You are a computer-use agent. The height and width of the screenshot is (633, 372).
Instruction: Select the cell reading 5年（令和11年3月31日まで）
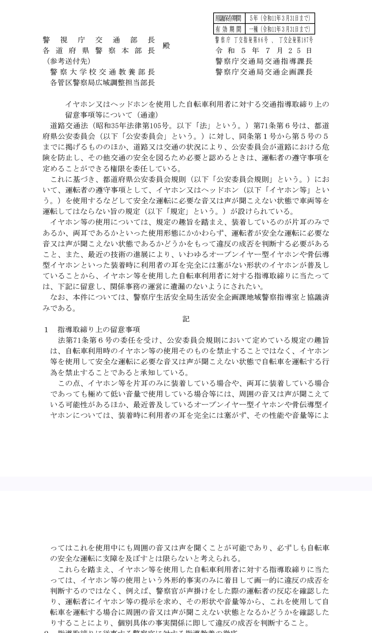point(280,18)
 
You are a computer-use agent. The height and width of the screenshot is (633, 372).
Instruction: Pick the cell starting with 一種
point(280,29)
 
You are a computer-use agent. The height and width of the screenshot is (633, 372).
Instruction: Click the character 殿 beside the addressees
point(166,45)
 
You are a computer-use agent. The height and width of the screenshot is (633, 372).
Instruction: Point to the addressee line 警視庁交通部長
point(99,40)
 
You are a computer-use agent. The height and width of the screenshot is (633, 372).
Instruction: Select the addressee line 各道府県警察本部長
point(99,51)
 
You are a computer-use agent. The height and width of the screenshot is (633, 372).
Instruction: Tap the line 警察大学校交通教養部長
point(102,72)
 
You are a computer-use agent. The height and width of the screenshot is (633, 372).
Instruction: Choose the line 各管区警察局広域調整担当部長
point(102,83)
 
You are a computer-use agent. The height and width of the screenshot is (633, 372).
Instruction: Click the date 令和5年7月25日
point(264,51)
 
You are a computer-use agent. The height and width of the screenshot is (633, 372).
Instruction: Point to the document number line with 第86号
point(264,40)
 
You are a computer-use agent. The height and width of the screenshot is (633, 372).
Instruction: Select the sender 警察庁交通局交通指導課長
point(264,61)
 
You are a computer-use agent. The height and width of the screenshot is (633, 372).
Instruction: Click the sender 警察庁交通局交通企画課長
point(264,72)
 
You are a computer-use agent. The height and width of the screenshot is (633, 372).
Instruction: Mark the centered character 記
point(186,319)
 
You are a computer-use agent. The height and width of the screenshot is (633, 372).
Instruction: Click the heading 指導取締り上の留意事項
point(99,329)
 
